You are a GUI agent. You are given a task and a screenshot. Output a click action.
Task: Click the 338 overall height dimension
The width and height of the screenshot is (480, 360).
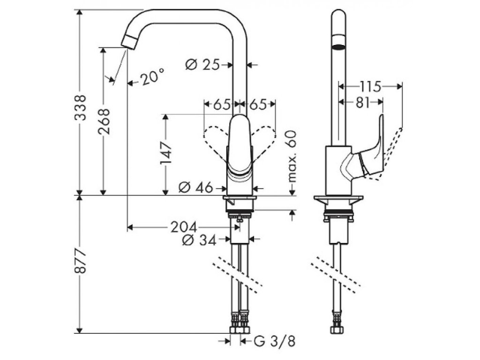[81, 108]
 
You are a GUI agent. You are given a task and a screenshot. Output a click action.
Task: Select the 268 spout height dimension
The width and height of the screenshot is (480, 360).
[104, 122]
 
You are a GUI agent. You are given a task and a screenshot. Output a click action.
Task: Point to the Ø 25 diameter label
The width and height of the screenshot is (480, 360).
[202, 65]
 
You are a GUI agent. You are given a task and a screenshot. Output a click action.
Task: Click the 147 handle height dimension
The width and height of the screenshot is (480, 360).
[165, 155]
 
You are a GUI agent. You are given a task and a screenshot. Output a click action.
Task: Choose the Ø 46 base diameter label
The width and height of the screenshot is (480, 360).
[196, 188]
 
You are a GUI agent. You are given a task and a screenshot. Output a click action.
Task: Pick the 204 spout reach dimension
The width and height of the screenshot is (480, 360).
[183, 227]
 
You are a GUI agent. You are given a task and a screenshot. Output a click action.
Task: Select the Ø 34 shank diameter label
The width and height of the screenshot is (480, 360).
[198, 240]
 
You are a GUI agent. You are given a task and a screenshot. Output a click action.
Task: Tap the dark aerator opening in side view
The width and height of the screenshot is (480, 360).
[337, 46]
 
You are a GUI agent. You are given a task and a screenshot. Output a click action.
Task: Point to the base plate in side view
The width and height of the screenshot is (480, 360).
[338, 199]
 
